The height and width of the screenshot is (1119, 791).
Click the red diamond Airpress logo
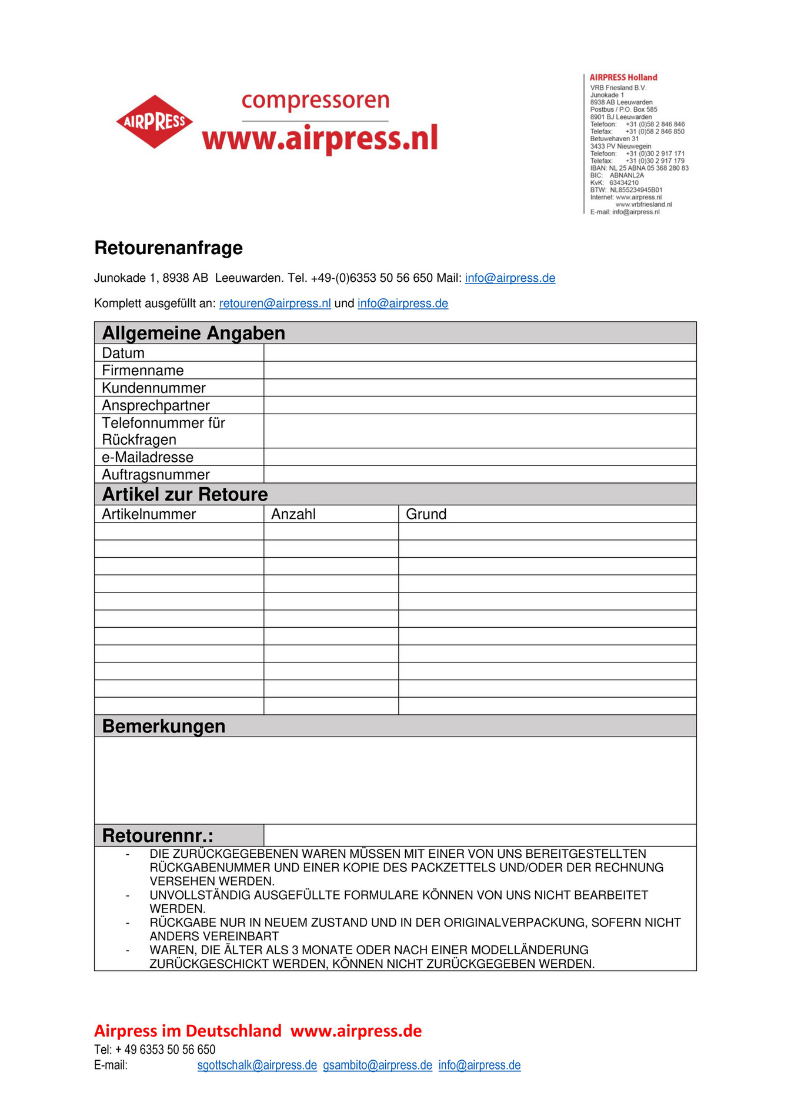click(155, 122)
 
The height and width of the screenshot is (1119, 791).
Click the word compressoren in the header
click(315, 101)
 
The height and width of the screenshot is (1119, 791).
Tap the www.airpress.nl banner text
click(320, 139)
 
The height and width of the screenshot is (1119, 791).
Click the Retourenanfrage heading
click(168, 248)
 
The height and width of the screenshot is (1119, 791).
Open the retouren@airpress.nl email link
click(275, 304)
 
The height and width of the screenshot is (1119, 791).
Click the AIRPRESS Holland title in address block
click(623, 78)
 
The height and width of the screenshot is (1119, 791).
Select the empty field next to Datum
click(479, 353)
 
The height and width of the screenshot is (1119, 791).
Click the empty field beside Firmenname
click(479, 370)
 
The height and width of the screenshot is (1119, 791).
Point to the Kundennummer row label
click(153, 388)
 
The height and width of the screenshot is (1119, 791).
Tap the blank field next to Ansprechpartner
click(479, 405)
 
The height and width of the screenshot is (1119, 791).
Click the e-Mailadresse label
click(148, 457)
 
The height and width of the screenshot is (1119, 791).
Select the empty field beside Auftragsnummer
click(479, 475)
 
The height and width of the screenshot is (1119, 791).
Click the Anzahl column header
click(293, 514)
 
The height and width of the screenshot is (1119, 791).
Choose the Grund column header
click(426, 514)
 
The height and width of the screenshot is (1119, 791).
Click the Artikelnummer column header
click(149, 514)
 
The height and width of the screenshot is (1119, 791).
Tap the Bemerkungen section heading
click(163, 727)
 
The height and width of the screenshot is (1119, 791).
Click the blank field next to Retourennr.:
click(479, 835)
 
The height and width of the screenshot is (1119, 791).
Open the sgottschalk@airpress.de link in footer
click(257, 1065)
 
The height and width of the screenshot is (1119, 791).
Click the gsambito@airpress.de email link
click(378, 1065)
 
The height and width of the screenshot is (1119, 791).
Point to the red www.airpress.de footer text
click(356, 1031)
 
